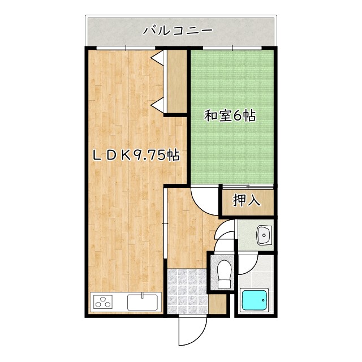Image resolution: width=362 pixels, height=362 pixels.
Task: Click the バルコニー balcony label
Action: point(177,30)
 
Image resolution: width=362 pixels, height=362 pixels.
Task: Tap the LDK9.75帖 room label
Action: point(136,155)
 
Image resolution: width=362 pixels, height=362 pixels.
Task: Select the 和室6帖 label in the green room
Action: point(230,117)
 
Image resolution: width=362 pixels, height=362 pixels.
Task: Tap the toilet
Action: point(224,273)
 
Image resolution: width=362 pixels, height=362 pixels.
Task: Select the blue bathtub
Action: point(256,300)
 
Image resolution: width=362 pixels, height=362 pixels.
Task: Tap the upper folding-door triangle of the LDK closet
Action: point(158,58)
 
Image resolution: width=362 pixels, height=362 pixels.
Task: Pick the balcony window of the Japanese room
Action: point(232,48)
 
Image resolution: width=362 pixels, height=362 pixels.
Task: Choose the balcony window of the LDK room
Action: point(118,48)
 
